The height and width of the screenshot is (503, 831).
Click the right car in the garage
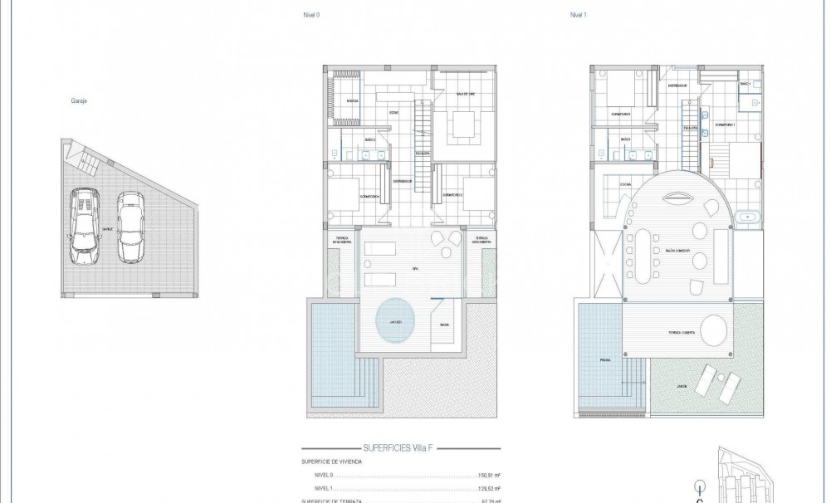click(x=130, y=227)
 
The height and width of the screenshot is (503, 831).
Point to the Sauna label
click(x=445, y=325)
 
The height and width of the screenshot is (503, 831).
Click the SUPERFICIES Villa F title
click(x=398, y=447)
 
